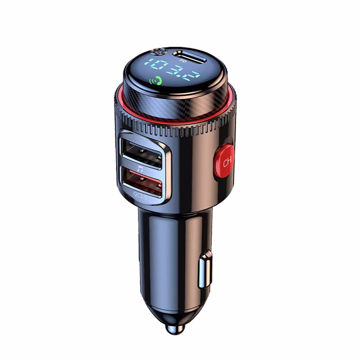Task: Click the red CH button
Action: tap(224, 161)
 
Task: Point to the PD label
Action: tap(183, 61)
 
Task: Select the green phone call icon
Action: tap(156, 81)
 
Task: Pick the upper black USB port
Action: tap(141, 153)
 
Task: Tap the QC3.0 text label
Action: tap(140, 196)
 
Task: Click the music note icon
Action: tap(140, 169)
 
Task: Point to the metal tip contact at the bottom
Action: tap(175, 328)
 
